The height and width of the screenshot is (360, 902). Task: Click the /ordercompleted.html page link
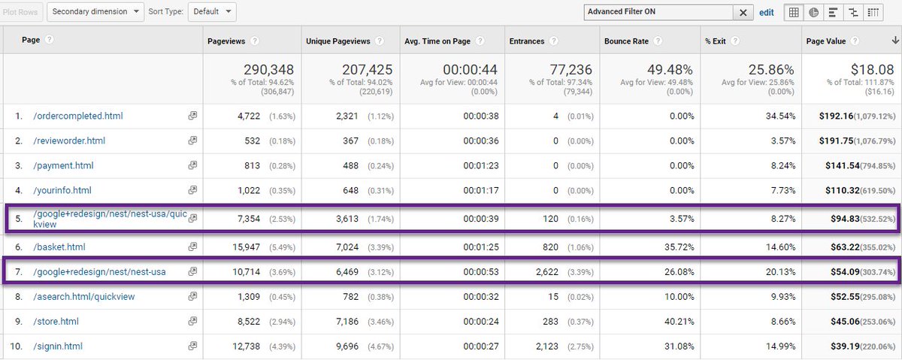point(77,116)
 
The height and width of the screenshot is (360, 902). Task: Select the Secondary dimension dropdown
point(96,11)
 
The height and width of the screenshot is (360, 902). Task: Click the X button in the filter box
point(743,12)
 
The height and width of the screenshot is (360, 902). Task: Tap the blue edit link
point(766,12)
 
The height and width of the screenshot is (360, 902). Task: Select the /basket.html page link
point(59,247)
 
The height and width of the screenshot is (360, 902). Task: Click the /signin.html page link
point(58,346)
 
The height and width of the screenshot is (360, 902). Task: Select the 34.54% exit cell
point(776,116)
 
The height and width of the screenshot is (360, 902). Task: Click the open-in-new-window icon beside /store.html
point(192,322)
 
